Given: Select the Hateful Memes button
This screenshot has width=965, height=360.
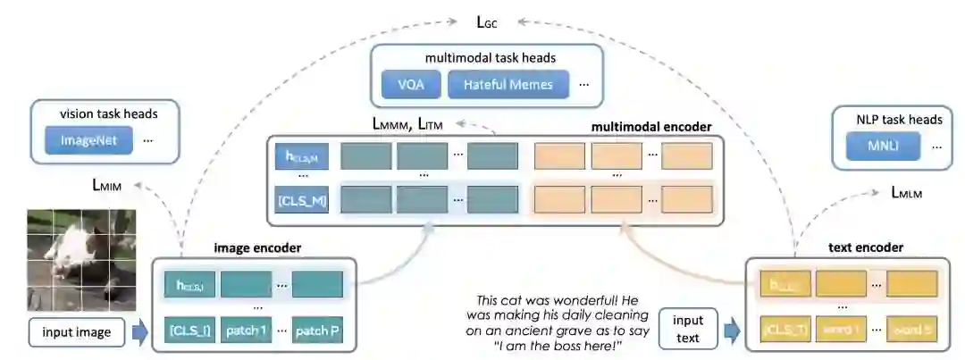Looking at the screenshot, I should coord(507,85).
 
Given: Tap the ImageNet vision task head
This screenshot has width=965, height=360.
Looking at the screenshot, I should coord(88,139).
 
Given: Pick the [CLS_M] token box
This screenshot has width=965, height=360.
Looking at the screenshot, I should coord(302,199).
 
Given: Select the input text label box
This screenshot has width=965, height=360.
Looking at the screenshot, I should coord(688,328).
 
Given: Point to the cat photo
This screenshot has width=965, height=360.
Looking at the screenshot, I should coord(81,259).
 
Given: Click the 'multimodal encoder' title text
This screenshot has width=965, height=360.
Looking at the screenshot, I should coord(651,127).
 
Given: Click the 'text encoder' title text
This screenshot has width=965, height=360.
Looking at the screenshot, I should coord(867,247).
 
